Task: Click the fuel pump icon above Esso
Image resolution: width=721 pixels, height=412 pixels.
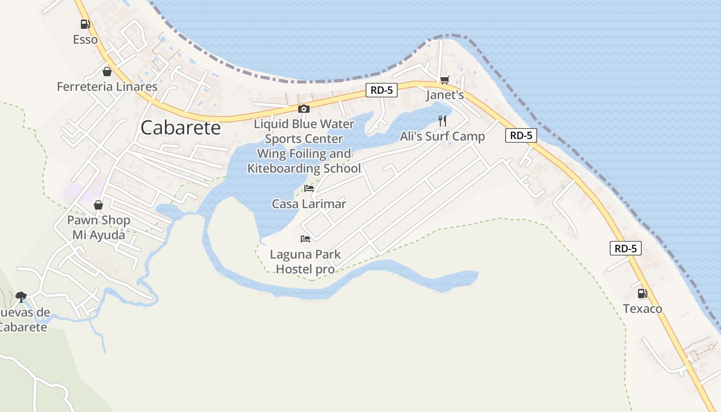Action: pyautogui.click(x=85, y=24)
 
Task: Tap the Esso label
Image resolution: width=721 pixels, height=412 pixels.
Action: pyautogui.click(x=85, y=40)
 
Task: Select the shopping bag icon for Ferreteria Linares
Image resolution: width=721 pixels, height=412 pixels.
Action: pyautogui.click(x=107, y=71)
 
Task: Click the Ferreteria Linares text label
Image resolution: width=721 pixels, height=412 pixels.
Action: pyautogui.click(x=107, y=87)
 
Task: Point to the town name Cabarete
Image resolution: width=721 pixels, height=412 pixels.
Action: pyautogui.click(x=180, y=128)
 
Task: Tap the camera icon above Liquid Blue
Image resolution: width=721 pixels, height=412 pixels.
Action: pyautogui.click(x=304, y=109)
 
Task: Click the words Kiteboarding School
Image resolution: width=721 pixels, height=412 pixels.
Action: pyautogui.click(x=304, y=168)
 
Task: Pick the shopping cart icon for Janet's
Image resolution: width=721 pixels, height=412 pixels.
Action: pyautogui.click(x=444, y=80)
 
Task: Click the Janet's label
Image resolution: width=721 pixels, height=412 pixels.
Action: pyautogui.click(x=445, y=95)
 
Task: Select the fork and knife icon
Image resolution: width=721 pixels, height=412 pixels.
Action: pyautogui.click(x=442, y=121)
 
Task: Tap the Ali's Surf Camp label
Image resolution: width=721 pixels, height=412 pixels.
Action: pyautogui.click(x=442, y=136)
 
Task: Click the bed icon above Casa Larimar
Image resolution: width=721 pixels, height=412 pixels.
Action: pyautogui.click(x=309, y=188)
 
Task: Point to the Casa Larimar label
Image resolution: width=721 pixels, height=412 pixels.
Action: pyautogui.click(x=309, y=204)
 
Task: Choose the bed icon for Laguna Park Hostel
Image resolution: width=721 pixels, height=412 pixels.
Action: pyautogui.click(x=305, y=239)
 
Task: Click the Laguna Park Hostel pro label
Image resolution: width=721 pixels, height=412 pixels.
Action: pyautogui.click(x=305, y=262)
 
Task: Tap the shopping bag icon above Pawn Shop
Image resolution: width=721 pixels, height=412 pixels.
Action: pyautogui.click(x=98, y=205)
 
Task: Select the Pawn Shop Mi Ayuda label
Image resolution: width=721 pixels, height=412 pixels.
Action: pyautogui.click(x=98, y=228)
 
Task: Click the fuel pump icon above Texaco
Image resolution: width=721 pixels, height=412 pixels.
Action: pyautogui.click(x=642, y=294)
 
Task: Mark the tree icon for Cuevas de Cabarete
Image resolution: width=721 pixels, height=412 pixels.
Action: pyautogui.click(x=21, y=296)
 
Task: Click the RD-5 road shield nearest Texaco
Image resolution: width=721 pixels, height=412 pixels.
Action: pyautogui.click(x=626, y=248)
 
